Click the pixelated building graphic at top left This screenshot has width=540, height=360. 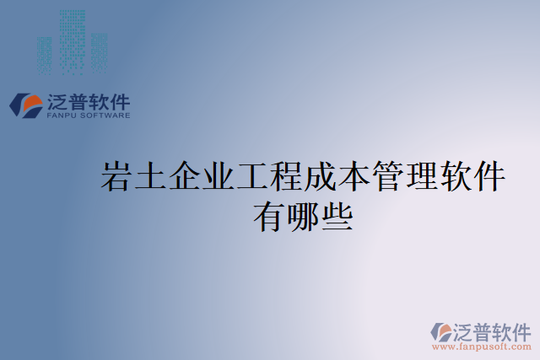(72, 40)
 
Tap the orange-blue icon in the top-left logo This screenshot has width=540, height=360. (26, 105)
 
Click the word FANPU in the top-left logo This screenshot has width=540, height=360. (62, 116)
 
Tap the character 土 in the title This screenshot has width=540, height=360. (151, 178)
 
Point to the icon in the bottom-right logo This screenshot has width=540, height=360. (441, 332)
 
